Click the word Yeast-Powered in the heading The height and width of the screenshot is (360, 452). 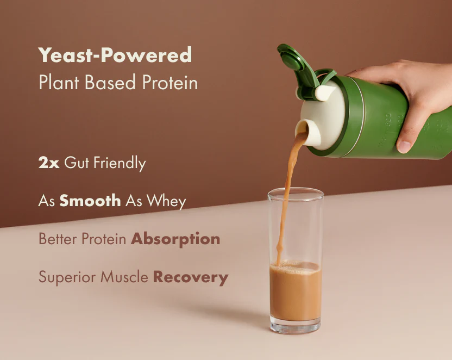coord(115,55)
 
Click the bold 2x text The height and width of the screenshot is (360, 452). coord(48,163)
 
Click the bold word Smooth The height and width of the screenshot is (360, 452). coord(90,201)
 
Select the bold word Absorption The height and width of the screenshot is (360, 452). coord(175,239)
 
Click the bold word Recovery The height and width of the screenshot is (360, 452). coord(190,277)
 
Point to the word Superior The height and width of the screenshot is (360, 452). coord(64,278)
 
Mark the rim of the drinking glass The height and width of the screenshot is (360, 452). coord(295,190)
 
